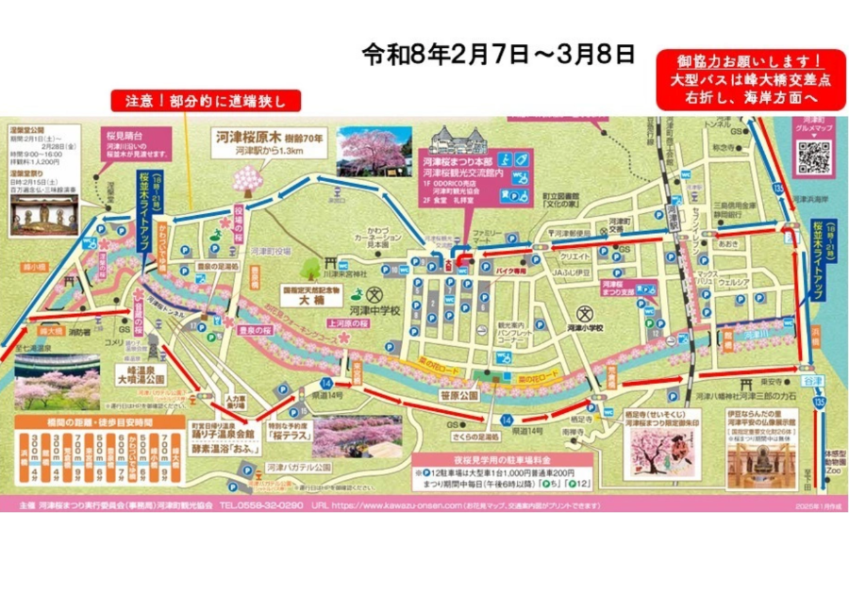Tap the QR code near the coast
click(x=813, y=157)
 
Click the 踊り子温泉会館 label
click(x=225, y=437)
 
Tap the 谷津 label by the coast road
click(x=802, y=380)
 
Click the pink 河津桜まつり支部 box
click(x=616, y=288)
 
